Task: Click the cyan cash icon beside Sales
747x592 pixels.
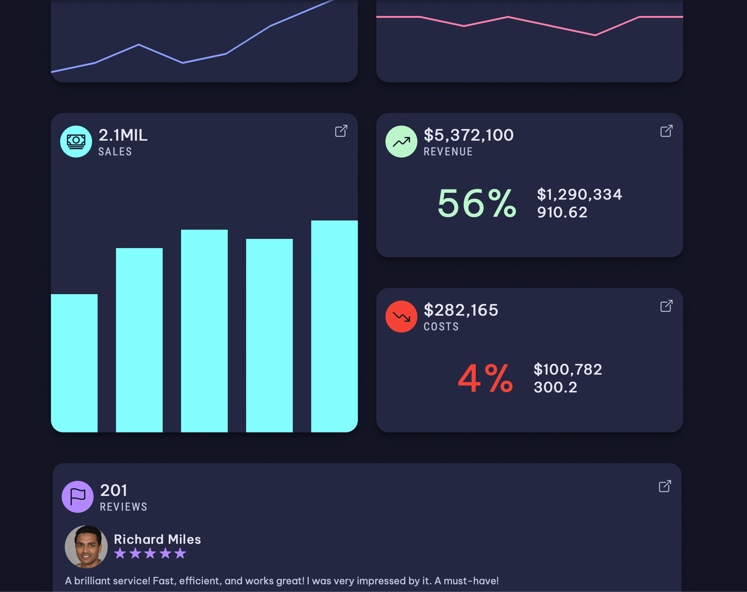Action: (76, 142)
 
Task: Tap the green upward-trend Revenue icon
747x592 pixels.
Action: (401, 142)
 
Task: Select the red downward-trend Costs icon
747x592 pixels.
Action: (401, 317)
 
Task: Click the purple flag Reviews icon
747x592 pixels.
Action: (78, 497)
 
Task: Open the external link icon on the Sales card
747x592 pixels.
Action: (341, 131)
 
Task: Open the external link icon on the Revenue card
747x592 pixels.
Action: (667, 131)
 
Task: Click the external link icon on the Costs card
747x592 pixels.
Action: (667, 306)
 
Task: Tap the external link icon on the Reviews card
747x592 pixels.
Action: (665, 486)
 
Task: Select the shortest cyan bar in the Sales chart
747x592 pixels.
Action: (74, 363)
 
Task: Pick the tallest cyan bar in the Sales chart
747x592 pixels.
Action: (334, 326)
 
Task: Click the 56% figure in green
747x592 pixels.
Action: (477, 204)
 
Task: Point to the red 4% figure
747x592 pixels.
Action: (485, 379)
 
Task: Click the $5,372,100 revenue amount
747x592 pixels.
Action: (468, 135)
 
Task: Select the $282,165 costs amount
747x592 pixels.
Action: (461, 310)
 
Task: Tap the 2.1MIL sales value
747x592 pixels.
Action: (123, 135)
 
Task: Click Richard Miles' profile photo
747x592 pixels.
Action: (86, 547)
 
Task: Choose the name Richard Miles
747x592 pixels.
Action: (157, 539)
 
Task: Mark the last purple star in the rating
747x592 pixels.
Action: (180, 553)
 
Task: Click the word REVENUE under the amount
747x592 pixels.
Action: (448, 152)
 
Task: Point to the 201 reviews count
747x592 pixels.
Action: (114, 490)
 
